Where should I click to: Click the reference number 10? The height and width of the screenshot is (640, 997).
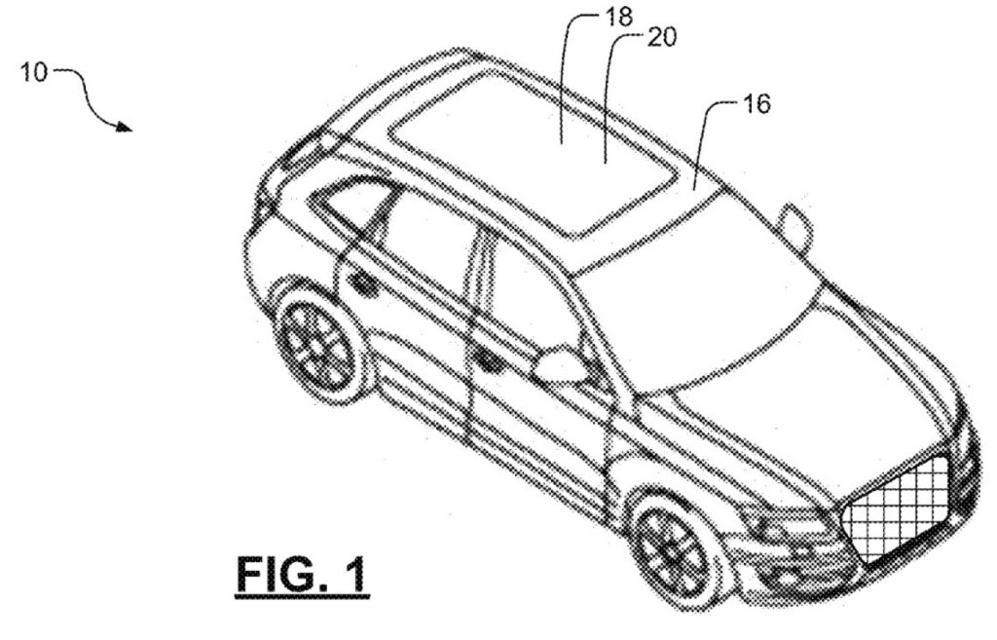coord(34,71)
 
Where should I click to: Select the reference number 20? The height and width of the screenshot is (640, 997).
coord(662,38)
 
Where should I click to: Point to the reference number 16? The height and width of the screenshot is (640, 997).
coord(756,103)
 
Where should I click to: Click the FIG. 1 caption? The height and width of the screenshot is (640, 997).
coord(302,575)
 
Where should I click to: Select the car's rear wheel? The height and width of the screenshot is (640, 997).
coord(318,348)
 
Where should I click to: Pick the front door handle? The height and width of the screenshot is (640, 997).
coord(489,361)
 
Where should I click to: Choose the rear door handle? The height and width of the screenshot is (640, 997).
coord(365,284)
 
